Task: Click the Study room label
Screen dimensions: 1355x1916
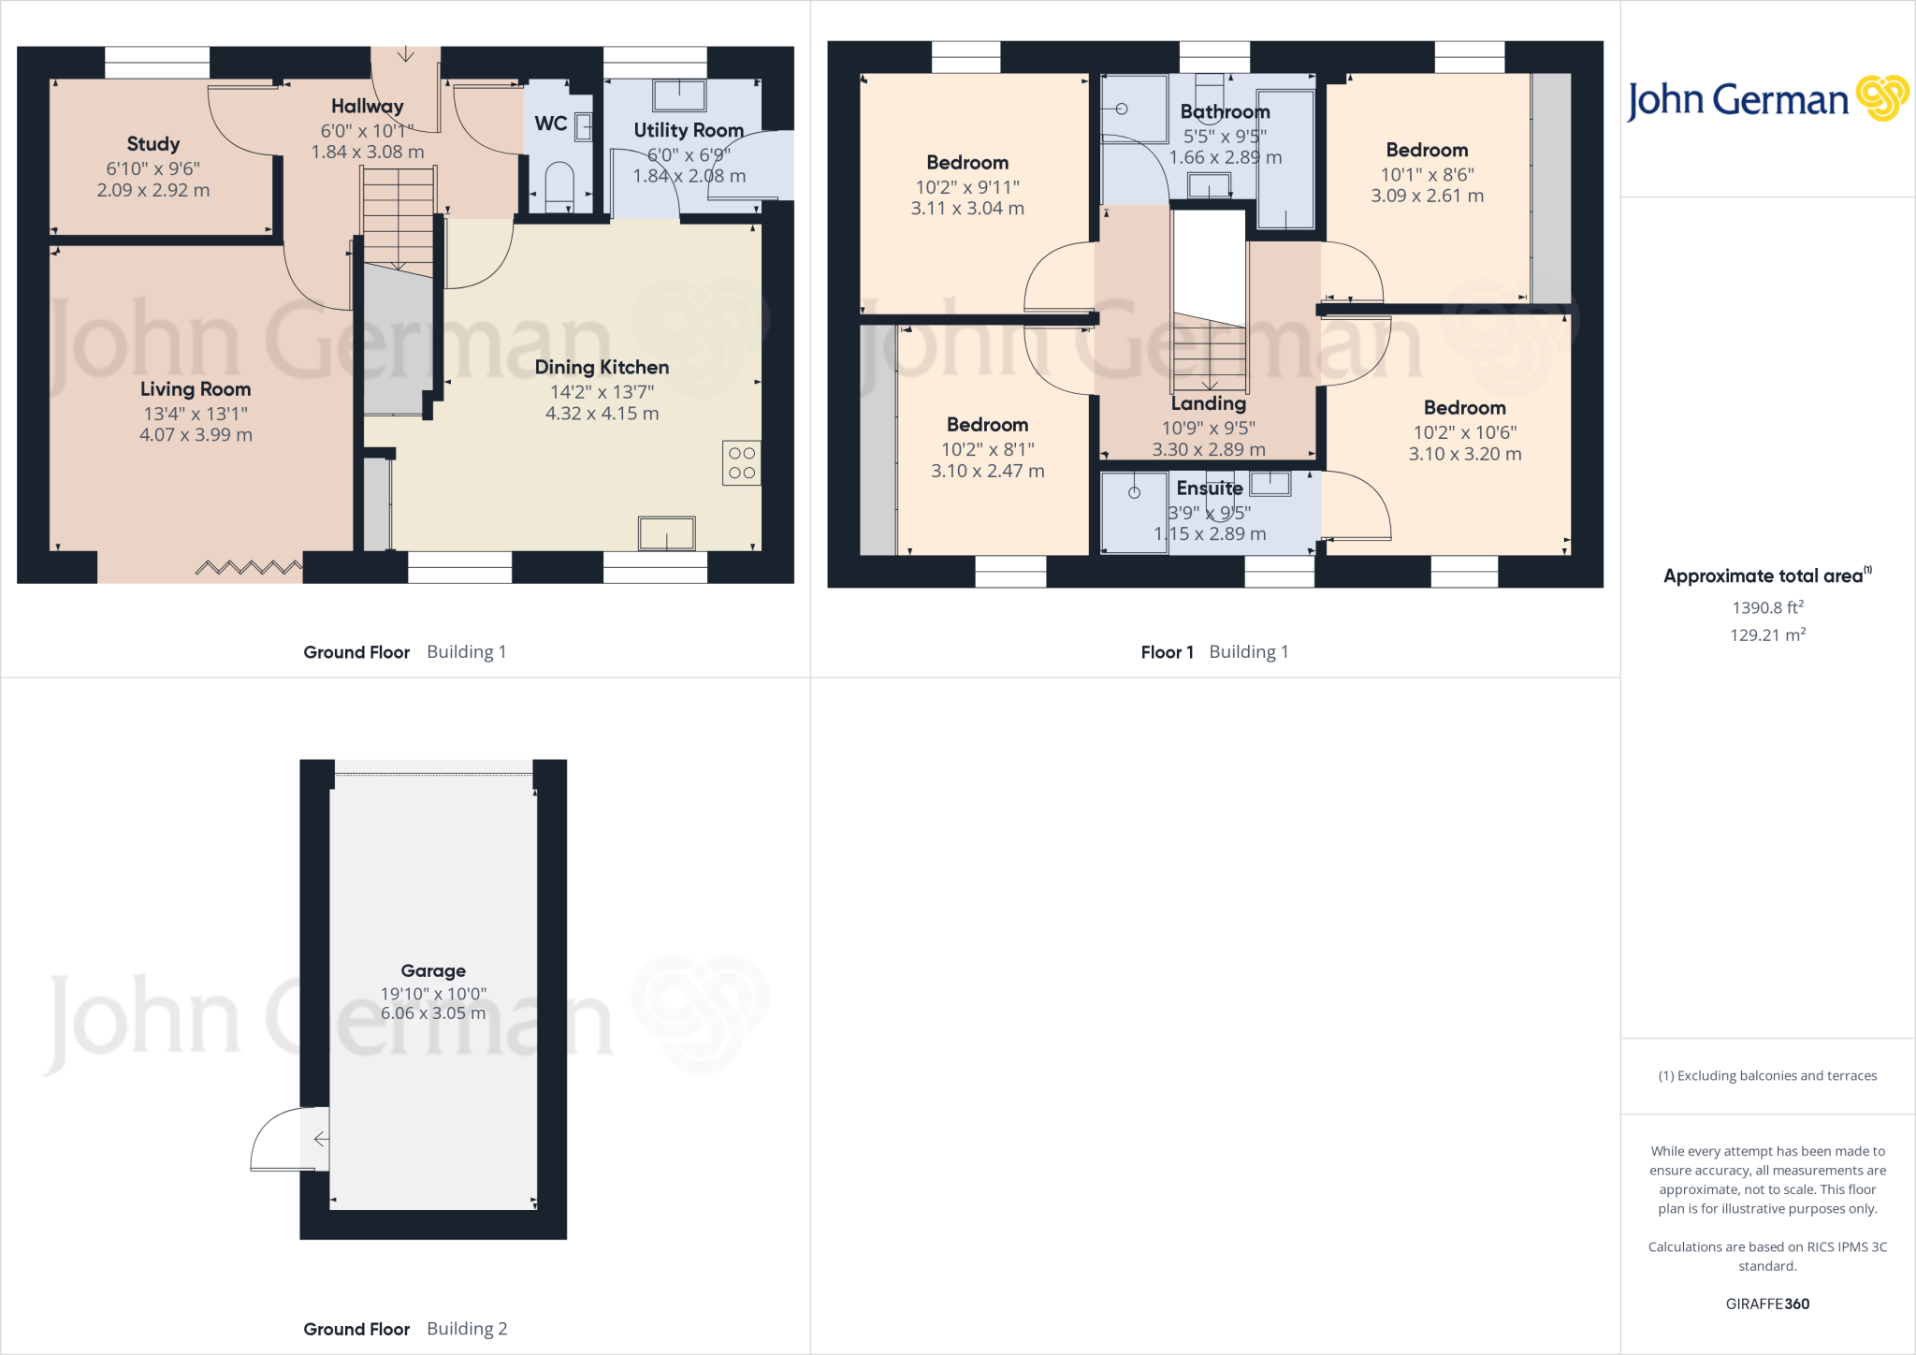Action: (153, 144)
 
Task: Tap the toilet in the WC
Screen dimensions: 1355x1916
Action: (559, 182)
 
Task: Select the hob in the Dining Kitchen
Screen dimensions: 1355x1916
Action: (741, 463)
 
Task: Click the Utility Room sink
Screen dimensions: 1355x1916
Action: (679, 95)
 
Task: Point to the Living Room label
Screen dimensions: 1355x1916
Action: (196, 389)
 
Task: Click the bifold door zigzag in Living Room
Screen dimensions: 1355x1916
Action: (249, 567)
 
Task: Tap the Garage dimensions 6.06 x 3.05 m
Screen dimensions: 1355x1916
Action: (433, 1013)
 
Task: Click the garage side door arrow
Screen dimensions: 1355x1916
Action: (320, 1139)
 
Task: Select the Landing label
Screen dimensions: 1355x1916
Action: (1209, 403)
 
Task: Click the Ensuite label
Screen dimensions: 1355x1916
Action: (1210, 488)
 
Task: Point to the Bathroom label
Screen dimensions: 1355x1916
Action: (1225, 112)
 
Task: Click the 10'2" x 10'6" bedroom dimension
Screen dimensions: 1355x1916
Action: (1465, 432)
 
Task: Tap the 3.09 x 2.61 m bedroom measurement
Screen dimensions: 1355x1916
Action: (1428, 197)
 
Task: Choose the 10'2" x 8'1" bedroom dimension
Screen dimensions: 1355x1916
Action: (988, 449)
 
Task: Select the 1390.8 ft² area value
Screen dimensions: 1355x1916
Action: (1767, 607)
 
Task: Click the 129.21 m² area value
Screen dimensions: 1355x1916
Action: (1767, 635)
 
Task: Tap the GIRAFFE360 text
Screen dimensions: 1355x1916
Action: (1767, 1304)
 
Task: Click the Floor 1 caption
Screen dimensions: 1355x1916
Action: (1167, 652)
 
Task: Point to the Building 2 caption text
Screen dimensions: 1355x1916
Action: (467, 1329)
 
